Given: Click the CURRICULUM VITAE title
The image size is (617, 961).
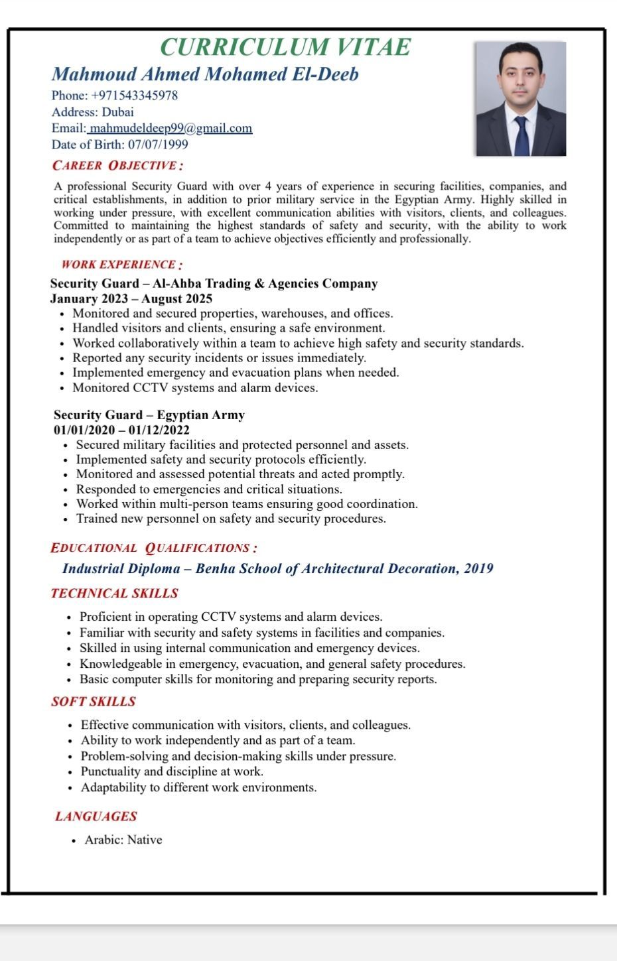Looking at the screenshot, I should tap(285, 47).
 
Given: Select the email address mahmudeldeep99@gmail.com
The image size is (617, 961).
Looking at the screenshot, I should tap(171, 129).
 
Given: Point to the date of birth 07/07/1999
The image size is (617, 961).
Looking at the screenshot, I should tap(158, 145).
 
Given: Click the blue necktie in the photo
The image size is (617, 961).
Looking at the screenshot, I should tap(521, 135).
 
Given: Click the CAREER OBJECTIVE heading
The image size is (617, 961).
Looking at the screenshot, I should tap(117, 166).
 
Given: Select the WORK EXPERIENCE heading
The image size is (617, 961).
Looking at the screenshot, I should tap(122, 265).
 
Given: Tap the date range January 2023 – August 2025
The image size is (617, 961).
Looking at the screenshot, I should tap(131, 298).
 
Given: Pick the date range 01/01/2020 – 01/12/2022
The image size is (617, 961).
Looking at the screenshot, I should tap(121, 430).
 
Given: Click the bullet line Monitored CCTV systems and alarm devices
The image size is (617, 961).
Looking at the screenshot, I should tap(195, 388).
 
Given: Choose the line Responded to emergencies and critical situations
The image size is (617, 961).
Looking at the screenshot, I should tap(209, 489).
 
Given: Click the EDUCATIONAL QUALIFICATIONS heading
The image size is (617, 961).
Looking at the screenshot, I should tap(154, 548).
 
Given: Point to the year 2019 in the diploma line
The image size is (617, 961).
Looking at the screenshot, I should tap(478, 568).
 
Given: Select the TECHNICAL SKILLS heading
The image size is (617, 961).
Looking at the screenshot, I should tap(115, 594).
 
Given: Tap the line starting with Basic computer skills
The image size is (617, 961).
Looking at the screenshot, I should tap(258, 679).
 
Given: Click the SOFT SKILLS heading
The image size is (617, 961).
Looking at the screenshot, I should tap(94, 702).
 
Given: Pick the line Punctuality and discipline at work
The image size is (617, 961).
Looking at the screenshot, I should tap(172, 771).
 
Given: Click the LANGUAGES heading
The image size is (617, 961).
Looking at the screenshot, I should tap(96, 816).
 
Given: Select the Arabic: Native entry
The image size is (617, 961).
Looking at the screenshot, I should tap(123, 840).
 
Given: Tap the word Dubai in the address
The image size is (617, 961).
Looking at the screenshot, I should tap(117, 112).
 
